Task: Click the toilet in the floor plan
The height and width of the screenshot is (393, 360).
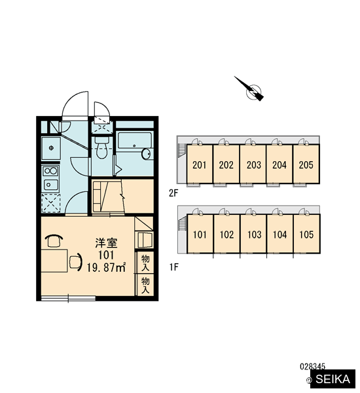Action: coord(101,147)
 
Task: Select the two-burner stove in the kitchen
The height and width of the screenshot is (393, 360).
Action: coord(50,171)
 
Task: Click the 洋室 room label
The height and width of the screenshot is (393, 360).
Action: coord(106,243)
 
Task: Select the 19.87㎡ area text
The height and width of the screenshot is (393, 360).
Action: coord(106,268)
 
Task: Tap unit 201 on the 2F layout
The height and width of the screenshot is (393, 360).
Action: coord(200,165)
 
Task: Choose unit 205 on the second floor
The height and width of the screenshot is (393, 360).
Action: coord(306,165)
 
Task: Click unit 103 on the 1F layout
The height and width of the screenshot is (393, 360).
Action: coord(254,234)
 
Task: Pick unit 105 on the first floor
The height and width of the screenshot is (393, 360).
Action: coord(306,234)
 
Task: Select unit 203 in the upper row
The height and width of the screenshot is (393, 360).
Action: coord(254,165)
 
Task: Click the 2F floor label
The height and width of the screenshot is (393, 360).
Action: coord(173,193)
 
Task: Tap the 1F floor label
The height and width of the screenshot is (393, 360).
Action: coord(174,267)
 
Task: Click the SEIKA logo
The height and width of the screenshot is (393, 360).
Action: coord(333,379)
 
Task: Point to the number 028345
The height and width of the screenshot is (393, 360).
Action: coord(312,367)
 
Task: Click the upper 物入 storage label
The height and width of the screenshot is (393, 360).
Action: coord(145,263)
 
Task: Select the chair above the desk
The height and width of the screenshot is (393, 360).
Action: coord(54,241)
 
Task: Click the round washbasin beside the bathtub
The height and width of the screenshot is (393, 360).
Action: coord(146,154)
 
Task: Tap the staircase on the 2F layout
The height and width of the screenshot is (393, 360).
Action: coord(182,150)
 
